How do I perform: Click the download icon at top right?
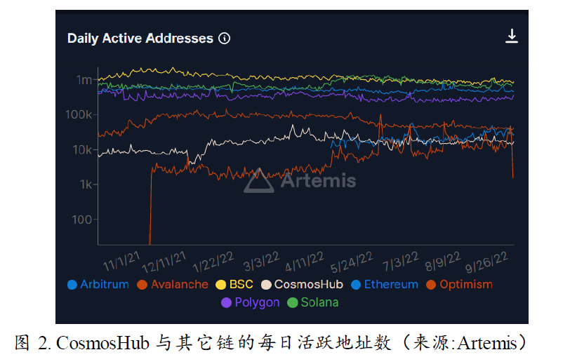512,36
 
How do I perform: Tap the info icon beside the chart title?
225,39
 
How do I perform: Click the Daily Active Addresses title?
140,39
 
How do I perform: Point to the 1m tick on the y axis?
84,80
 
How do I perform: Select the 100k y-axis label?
79,114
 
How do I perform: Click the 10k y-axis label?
82,149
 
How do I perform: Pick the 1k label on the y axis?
85,184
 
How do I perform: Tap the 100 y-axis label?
82,220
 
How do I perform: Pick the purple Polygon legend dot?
226,303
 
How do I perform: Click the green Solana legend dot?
293,303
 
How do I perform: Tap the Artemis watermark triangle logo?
259,181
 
